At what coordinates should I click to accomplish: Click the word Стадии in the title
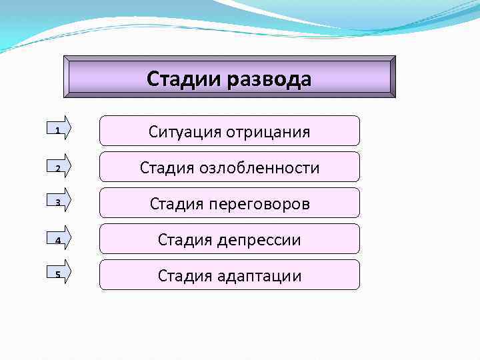[183, 79]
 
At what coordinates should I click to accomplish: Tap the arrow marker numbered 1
[62, 130]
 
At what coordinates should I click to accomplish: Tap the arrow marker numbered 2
[62, 167]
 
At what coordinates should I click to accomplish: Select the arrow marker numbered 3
[62, 202]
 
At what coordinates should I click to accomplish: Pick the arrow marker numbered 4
[62, 239]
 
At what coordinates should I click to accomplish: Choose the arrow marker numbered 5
[62, 275]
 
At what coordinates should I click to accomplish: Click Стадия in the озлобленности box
[165, 167]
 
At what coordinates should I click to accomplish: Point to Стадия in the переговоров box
[175, 203]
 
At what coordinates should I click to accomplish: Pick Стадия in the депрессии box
[183, 239]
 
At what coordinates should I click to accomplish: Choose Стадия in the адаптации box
[183, 275]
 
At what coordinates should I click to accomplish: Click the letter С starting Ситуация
[153, 131]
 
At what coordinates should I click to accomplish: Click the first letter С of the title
[153, 79]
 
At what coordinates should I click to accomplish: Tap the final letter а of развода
[305, 81]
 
